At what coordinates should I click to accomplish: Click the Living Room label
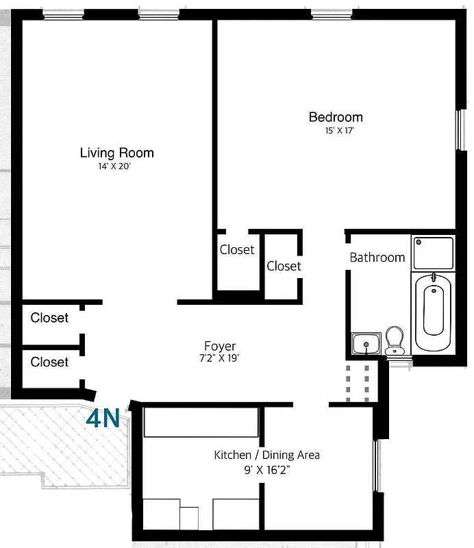(116, 153)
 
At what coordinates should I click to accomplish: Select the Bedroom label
(336, 117)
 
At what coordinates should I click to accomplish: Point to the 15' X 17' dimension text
(336, 130)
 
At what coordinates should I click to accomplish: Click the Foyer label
(220, 346)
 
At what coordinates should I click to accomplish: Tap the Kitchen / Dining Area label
(266, 455)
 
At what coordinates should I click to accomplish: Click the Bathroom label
(377, 258)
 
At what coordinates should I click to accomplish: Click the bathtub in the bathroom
(433, 312)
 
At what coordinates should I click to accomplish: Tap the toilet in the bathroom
(395, 340)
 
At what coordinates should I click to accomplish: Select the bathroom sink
(366, 343)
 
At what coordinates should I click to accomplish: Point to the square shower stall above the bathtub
(433, 252)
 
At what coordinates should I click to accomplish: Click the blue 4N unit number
(103, 419)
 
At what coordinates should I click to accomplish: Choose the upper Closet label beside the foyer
(49, 318)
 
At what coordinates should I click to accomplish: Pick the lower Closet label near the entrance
(49, 362)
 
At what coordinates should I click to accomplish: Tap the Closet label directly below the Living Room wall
(237, 250)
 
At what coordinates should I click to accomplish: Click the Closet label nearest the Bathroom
(284, 266)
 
